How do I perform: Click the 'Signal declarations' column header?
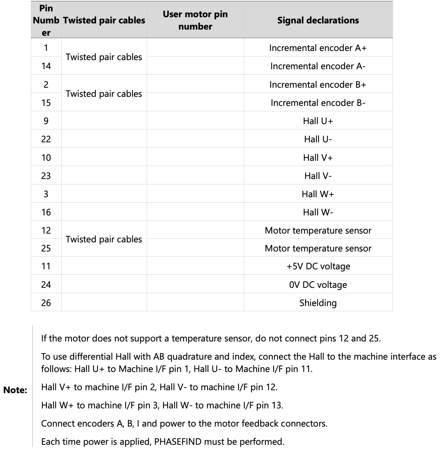pos(318,20)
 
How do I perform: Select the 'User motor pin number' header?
pos(195,20)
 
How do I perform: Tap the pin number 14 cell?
pos(46,66)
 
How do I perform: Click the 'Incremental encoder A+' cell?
pos(318,48)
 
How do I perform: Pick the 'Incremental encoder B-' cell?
pos(318,103)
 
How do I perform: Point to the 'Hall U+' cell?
pos(318,121)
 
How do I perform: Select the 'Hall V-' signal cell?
pos(318,176)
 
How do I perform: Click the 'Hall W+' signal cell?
pos(318,194)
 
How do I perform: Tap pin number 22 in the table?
pos(46,139)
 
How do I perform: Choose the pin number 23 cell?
pos(46,176)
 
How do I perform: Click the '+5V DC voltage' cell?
pos(318,266)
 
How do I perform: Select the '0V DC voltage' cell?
pos(318,285)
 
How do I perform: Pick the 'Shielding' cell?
pos(318,303)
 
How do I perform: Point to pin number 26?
pos(46,303)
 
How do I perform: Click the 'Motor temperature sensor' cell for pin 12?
pos(318,230)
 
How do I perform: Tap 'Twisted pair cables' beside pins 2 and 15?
pos(104,94)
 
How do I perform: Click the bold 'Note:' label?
pos(15,390)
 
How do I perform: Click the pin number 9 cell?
pos(46,121)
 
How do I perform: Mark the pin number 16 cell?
pos(46,212)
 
